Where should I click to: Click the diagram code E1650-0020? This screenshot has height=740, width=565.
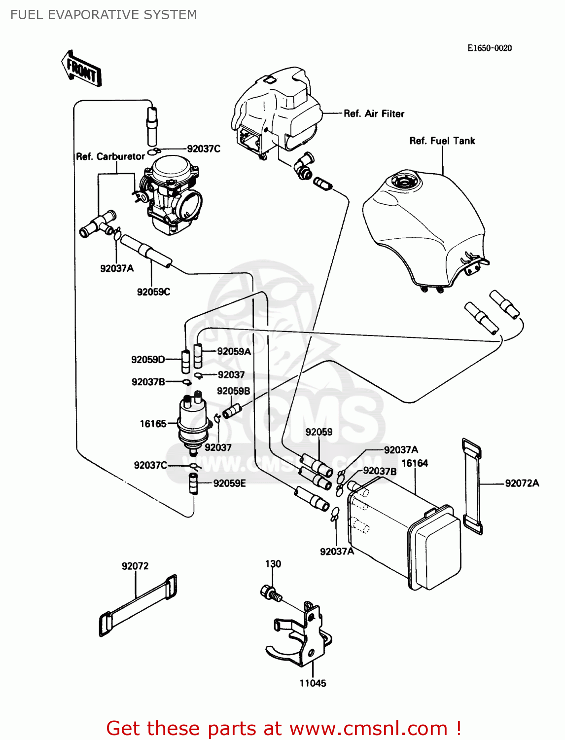[489, 48]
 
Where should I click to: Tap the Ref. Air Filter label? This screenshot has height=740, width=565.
[374, 114]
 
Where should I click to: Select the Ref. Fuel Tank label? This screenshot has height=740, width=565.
[442, 141]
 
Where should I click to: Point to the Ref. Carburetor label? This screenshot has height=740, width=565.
[110, 156]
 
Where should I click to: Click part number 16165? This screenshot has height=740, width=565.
[153, 424]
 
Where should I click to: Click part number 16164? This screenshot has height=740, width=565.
[415, 463]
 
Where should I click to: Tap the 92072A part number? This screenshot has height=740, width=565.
[522, 483]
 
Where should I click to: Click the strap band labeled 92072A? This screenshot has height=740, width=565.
[472, 486]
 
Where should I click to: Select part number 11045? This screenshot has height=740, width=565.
[313, 683]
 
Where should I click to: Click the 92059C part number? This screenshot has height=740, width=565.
[153, 292]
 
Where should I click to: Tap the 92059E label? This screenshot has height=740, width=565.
[229, 483]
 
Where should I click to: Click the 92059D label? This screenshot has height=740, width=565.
[148, 360]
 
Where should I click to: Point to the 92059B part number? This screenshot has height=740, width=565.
[233, 391]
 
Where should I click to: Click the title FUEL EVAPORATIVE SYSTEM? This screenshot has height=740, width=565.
[104, 15]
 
